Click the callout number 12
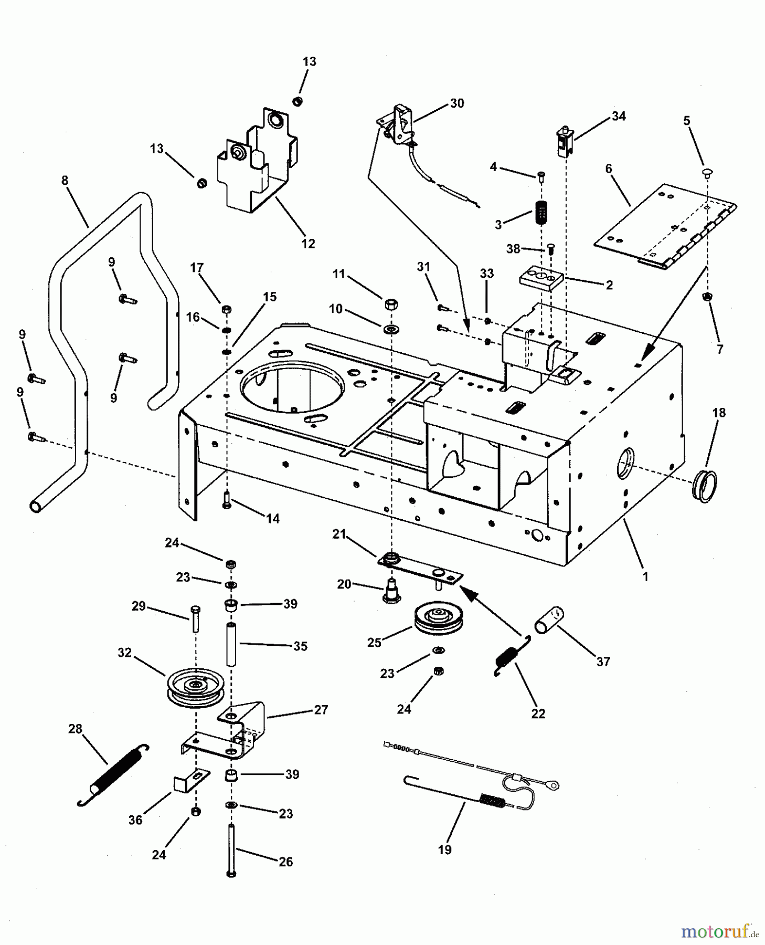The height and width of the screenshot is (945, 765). [x=308, y=244]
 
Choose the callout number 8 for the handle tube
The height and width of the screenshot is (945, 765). [x=65, y=181]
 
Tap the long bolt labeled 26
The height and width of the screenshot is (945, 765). [x=231, y=845]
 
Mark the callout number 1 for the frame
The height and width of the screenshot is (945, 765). [x=645, y=576]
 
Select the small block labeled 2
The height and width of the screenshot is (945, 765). [x=541, y=279]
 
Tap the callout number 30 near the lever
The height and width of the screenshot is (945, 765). [x=457, y=103]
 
